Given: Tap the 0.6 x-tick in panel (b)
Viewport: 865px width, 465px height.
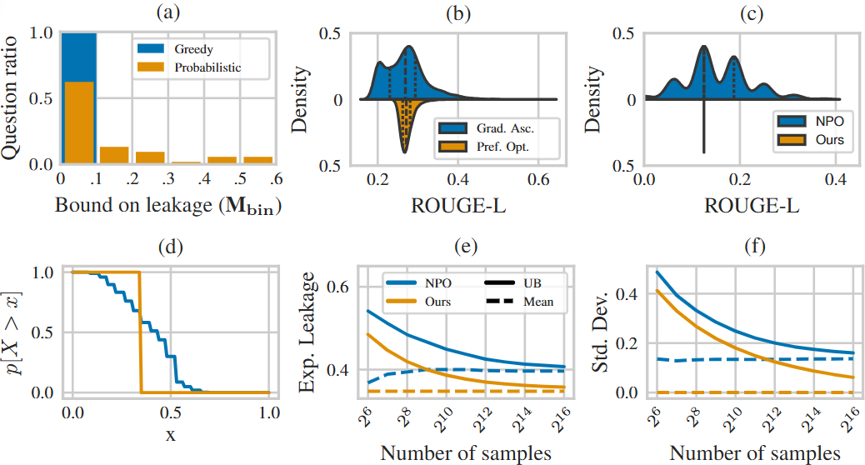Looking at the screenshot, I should click(x=536, y=178).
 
